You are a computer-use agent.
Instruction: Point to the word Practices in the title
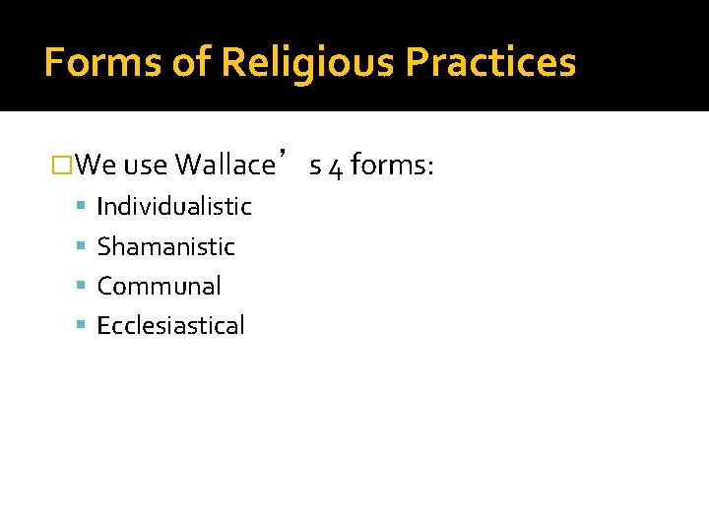click(x=490, y=63)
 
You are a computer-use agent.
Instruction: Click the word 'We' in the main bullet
click(x=96, y=165)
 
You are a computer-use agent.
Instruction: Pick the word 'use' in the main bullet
click(x=145, y=165)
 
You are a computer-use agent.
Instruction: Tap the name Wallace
click(x=224, y=165)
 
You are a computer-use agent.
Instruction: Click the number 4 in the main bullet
click(x=334, y=166)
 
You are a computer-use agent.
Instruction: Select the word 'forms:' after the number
click(x=392, y=165)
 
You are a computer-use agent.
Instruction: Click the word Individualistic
click(x=174, y=207)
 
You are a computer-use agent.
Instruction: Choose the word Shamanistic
click(x=165, y=246)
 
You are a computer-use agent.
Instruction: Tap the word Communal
click(x=159, y=286)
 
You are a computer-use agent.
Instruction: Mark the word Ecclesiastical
click(x=170, y=326)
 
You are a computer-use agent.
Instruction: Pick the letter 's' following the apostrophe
click(x=314, y=166)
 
